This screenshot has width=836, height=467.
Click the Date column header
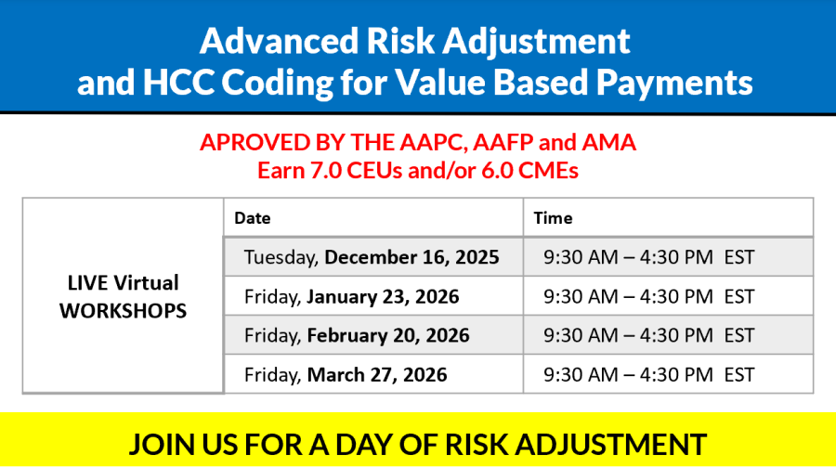click(252, 218)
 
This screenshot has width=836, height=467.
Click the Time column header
click(553, 218)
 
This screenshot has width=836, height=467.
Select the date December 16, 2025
click(411, 257)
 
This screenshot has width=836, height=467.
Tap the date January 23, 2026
click(383, 296)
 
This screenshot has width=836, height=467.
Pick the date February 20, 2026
click(388, 335)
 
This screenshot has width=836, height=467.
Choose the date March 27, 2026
click(377, 375)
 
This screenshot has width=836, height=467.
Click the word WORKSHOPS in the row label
click(124, 311)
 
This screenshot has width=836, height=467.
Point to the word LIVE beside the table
click(85, 283)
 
